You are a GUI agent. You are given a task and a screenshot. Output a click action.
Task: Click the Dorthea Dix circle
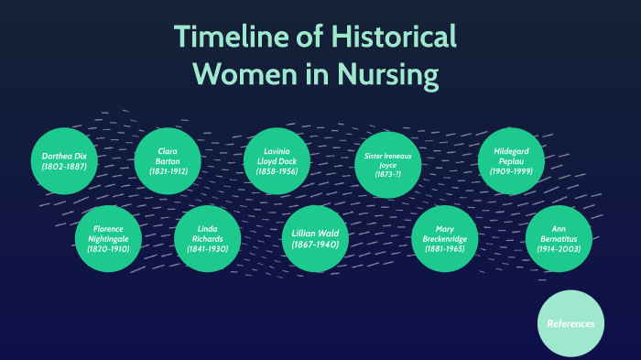tap(63, 161)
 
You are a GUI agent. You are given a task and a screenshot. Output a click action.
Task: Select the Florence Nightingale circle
tap(108, 238)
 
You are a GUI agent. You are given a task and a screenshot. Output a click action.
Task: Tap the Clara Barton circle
tap(168, 161)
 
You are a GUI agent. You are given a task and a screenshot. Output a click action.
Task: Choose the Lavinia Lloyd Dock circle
tap(276, 161)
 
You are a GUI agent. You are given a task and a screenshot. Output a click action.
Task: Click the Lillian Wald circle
tap(315, 238)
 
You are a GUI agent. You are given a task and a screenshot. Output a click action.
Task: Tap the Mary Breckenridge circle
tap(445, 238)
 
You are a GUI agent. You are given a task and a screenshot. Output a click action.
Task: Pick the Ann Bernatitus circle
tap(559, 238)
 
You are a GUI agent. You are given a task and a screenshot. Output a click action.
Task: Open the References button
tap(570, 323)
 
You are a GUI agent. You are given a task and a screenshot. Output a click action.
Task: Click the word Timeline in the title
tap(228, 38)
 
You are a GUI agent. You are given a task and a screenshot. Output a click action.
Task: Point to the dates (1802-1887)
tap(63, 168)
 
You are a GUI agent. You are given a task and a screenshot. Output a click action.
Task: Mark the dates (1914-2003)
tap(559, 248)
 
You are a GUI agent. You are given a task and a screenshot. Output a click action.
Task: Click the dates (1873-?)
tap(387, 174)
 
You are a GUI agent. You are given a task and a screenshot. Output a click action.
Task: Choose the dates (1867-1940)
tap(315, 245)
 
